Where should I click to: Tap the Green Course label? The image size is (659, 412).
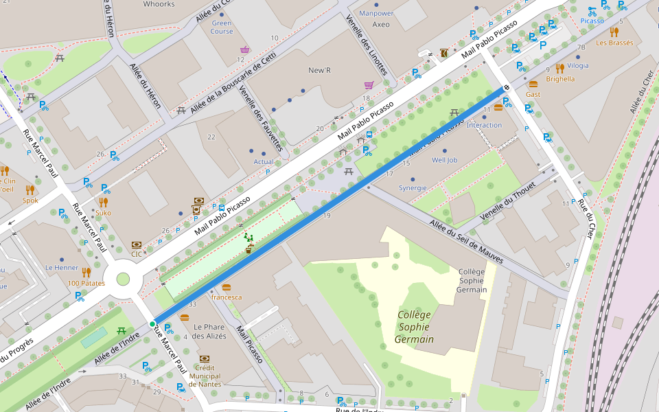pyautogui.click(x=221, y=27)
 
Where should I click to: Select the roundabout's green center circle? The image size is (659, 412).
pyautogui.click(x=123, y=279)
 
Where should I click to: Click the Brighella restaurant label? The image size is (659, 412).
pyautogui.click(x=560, y=79)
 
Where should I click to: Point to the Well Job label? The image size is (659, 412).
pyautogui.click(x=444, y=160)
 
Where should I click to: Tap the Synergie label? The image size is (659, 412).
pyautogui.click(x=413, y=187)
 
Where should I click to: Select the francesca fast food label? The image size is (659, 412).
pyautogui.click(x=227, y=297)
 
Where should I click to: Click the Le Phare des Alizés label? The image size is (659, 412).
pyautogui.click(x=209, y=331)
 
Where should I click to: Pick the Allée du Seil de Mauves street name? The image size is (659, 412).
pyautogui.click(x=466, y=241)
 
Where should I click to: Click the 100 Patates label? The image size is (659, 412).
pyautogui.click(x=86, y=283)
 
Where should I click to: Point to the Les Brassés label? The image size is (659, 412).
pyautogui.click(x=614, y=43)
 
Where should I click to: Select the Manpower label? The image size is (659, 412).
pyautogui.click(x=376, y=13)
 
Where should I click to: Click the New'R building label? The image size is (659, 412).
pyautogui.click(x=319, y=71)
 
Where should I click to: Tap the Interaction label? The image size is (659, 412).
pyautogui.click(x=484, y=125)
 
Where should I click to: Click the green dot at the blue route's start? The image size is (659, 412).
pyautogui.click(x=152, y=323)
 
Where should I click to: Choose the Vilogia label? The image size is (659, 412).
pyautogui.click(x=578, y=66)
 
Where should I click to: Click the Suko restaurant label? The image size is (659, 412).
pyautogui.click(x=103, y=213)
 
